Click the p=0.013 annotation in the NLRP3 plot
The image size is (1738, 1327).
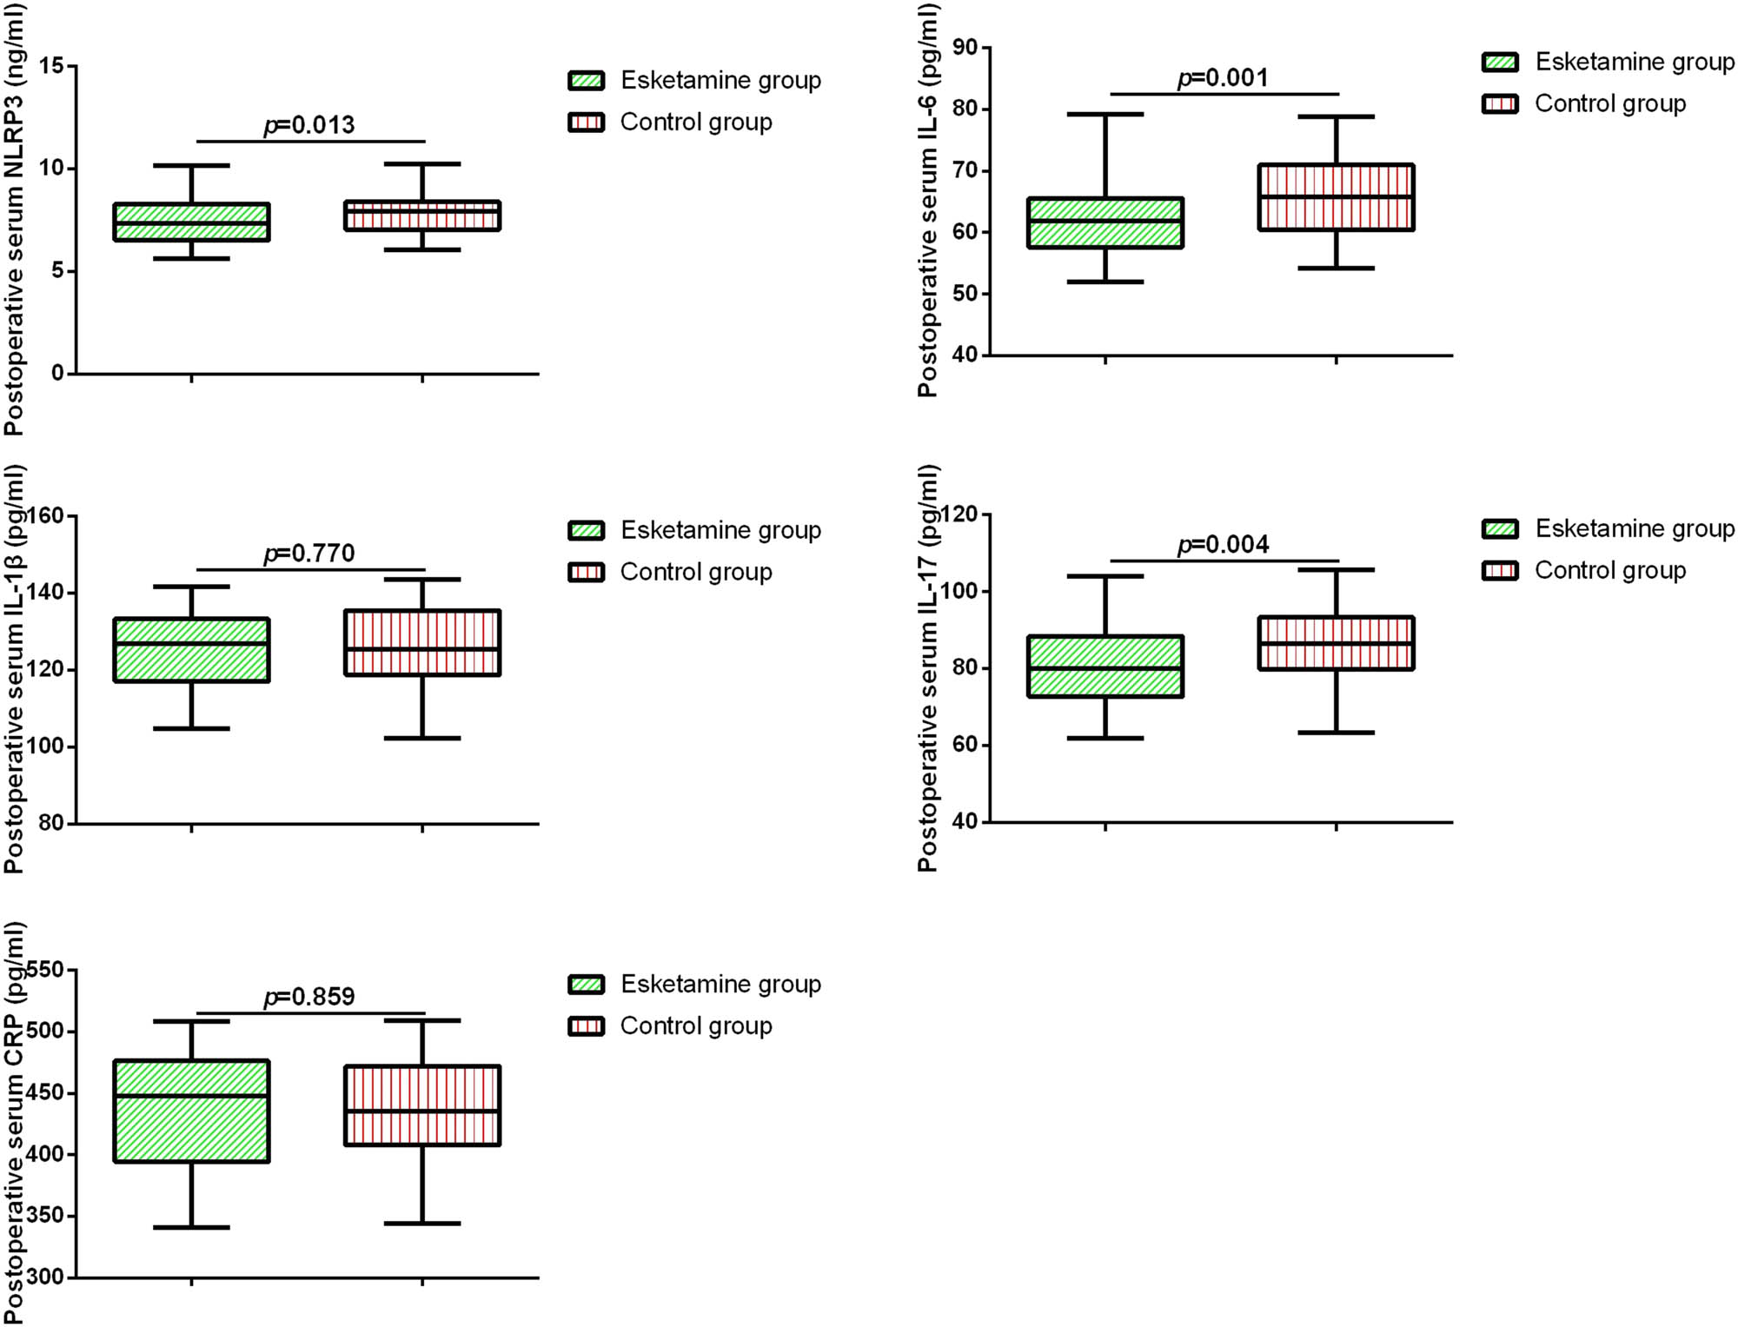309,125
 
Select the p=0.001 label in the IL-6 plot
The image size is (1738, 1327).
1223,78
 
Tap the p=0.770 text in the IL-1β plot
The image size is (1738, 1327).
309,554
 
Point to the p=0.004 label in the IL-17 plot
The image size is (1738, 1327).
1223,545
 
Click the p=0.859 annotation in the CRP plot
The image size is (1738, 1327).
309,997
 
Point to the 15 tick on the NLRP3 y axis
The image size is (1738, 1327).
52,66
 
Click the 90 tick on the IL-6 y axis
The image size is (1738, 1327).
965,48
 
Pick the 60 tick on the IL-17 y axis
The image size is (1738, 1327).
965,745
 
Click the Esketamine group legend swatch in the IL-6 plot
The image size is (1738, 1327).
1500,63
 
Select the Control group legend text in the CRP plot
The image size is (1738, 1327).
696,1026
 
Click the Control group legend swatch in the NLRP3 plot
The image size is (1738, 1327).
586,123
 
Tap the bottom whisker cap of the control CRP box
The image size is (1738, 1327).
422,1224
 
